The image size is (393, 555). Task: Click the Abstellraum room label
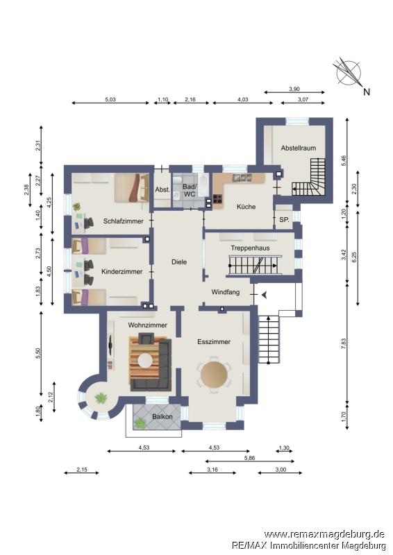[x=299, y=148]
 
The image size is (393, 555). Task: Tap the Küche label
[x=246, y=206]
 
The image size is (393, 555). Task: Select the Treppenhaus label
[x=250, y=248]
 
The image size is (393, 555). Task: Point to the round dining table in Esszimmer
[x=214, y=375]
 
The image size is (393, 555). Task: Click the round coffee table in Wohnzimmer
[x=145, y=361]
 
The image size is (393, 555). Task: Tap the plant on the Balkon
[x=140, y=422]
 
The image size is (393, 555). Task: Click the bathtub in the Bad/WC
[x=203, y=185]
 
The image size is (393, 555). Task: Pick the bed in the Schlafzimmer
[x=131, y=187]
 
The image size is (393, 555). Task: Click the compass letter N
[x=367, y=92]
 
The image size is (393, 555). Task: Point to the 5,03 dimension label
[x=110, y=99]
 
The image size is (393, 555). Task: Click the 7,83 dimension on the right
[x=344, y=344]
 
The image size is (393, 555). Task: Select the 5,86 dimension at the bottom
[x=249, y=458]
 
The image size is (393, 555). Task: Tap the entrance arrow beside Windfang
[x=264, y=294]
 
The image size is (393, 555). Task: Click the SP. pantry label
[x=284, y=219]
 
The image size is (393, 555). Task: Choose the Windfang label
[x=226, y=292]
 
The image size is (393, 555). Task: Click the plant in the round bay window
[x=101, y=398]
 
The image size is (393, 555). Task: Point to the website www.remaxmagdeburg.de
[x=324, y=534]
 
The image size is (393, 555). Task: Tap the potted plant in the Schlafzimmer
[x=76, y=206]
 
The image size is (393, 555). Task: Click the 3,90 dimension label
[x=294, y=89]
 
